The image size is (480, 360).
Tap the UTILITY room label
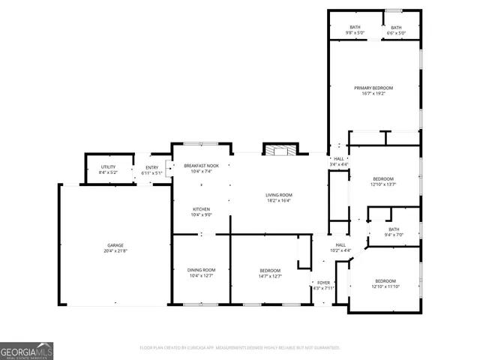click(108, 168)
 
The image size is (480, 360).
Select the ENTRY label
click(151, 168)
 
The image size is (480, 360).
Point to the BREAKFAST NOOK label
click(201, 166)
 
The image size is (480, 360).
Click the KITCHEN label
click(201, 209)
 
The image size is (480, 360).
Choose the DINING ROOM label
click(201, 270)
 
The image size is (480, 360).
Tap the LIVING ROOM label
click(278, 196)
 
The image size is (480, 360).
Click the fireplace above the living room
click(280, 149)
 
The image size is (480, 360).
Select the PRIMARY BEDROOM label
click(373, 88)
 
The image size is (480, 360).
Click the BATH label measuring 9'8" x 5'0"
click(354, 28)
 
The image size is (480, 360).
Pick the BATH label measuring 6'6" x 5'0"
click(396, 28)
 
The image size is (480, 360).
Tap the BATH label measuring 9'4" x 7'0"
click(394, 230)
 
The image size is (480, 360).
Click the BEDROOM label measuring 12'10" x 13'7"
click(383, 178)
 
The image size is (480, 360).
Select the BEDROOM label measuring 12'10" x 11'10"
click(385, 280)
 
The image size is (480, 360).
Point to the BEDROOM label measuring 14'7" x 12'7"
click(270, 271)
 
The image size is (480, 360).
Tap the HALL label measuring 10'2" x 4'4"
click(340, 245)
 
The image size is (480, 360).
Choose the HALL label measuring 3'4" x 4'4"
click(339, 159)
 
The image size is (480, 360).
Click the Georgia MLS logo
click(27, 350)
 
